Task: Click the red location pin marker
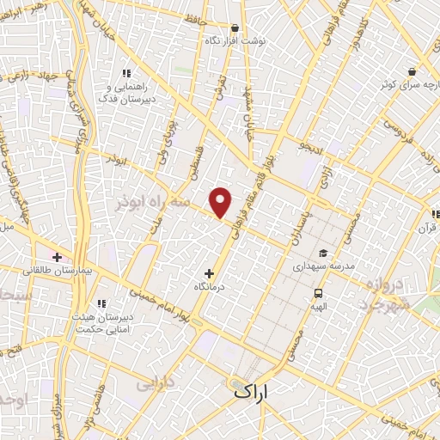[221, 203]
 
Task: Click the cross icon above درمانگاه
[209, 273]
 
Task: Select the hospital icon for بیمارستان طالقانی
[58, 257]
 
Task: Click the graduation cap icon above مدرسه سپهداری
[323, 253]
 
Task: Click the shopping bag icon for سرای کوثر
[412, 72]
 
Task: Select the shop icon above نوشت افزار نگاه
[236, 28]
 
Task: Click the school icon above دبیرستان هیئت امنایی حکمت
[101, 303]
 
